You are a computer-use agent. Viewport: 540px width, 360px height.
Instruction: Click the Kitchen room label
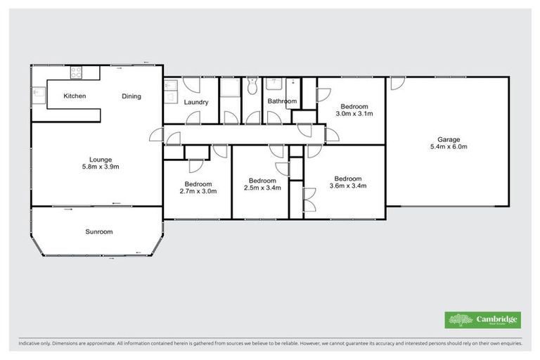tap(75, 96)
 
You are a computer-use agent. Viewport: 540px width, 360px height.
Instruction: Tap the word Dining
tap(131, 96)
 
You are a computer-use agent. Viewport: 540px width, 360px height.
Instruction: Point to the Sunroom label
tap(99, 231)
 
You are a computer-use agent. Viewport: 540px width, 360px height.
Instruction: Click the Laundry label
tap(196, 102)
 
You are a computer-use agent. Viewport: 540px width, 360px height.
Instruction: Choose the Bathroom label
tap(282, 101)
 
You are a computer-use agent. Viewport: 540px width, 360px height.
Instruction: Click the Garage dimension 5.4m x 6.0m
tap(449, 147)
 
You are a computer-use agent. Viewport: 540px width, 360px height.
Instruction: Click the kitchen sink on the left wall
tap(35, 92)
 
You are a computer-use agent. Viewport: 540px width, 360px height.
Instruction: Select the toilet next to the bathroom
tap(252, 86)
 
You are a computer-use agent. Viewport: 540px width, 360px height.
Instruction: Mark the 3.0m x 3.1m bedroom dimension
tap(354, 112)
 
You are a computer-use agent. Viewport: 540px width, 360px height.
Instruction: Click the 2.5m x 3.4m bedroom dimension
tap(262, 188)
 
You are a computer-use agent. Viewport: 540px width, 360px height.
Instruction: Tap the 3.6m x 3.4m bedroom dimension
tap(349, 186)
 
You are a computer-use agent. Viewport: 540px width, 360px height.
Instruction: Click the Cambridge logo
tap(482, 320)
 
